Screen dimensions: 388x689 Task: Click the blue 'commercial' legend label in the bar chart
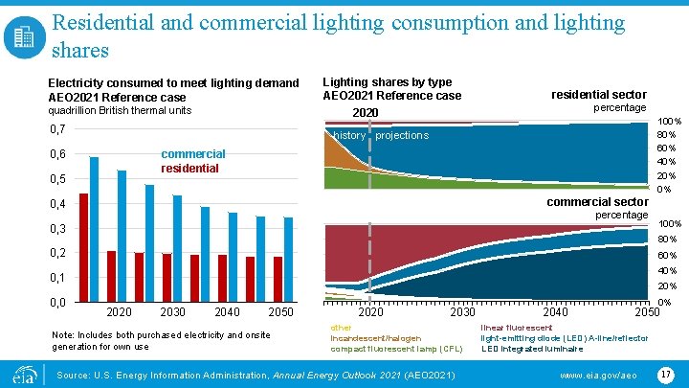193,153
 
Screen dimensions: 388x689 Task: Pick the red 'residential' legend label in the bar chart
190,168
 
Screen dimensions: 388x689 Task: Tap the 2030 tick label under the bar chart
173,312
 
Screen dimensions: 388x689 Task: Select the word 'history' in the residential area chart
349,135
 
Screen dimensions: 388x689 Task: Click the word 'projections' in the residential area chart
402,135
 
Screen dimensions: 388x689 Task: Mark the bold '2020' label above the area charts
366,113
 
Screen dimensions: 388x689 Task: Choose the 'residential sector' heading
599,94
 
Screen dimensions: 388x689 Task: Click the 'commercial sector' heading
597,201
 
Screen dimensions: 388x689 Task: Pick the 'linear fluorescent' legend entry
516,328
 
